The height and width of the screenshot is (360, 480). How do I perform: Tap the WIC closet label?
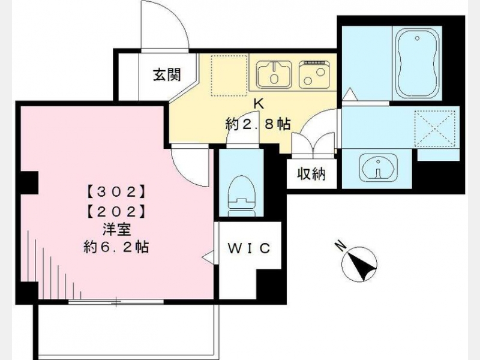pos(249,248)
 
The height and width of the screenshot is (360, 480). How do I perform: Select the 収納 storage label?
pos(311,174)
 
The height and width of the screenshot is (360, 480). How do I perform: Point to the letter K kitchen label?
pos(259,104)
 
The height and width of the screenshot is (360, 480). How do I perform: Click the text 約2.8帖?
pos(258,124)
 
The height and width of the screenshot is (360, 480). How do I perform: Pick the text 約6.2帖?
pos(116,247)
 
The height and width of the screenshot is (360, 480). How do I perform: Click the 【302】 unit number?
pos(116,191)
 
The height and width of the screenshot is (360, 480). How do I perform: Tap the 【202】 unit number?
pos(116,211)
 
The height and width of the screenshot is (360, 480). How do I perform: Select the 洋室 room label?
pos(116,229)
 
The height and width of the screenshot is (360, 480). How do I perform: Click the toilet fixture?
pos(242,196)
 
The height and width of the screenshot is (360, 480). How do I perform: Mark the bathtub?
pos(417,64)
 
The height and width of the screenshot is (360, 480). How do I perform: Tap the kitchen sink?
pos(274,74)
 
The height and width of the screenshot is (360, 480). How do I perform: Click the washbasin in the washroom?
pos(379,168)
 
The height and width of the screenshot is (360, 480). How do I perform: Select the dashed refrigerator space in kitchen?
pos(229,76)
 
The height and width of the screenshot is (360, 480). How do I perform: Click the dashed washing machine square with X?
pos(434,128)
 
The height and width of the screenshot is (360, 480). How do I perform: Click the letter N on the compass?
pos(339,246)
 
